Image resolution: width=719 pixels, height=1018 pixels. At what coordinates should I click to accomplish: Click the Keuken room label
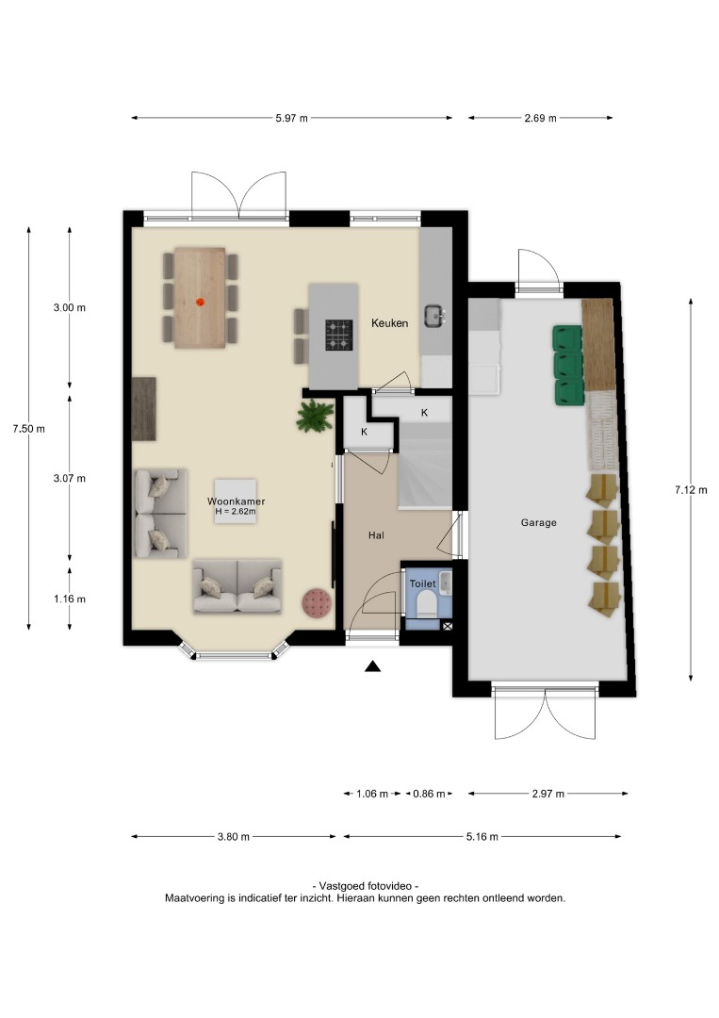(389, 322)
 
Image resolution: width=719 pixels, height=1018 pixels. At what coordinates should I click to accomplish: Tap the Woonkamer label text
(237, 501)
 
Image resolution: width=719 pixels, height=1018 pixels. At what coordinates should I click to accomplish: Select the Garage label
(539, 522)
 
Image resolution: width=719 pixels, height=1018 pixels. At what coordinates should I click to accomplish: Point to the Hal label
(376, 535)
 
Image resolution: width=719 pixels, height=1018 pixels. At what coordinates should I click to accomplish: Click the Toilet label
(422, 583)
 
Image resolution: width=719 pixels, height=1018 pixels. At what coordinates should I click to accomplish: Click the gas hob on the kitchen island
(338, 335)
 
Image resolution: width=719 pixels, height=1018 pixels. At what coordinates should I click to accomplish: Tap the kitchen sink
(435, 316)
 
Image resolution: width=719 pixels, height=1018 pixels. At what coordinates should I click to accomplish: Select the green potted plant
(316, 417)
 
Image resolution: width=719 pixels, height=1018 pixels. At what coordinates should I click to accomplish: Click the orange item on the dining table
(200, 302)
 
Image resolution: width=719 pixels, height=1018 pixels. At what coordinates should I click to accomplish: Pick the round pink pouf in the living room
(318, 603)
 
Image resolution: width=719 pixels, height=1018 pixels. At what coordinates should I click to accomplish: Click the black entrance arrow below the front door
(372, 666)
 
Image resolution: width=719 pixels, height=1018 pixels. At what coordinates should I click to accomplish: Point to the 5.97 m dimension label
(292, 118)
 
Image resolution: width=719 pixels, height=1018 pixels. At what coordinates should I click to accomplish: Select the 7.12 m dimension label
(691, 490)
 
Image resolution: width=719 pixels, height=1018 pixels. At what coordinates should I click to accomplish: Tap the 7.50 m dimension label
(28, 429)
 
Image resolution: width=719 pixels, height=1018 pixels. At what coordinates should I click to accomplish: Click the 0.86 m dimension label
(429, 794)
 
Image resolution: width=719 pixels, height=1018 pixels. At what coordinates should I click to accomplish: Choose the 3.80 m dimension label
(234, 837)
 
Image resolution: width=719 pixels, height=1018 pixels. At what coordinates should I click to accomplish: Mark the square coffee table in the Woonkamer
(236, 501)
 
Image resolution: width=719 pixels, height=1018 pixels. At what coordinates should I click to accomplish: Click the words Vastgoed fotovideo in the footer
(366, 885)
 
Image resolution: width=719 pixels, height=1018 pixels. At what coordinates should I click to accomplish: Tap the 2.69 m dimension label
(541, 118)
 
